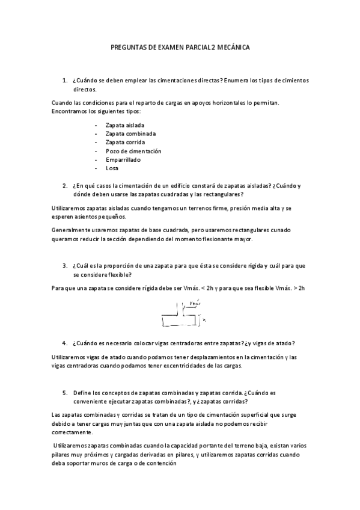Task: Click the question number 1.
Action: point(64,81)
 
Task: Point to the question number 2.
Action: point(64,186)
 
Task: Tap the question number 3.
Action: point(64,265)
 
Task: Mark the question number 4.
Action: point(64,343)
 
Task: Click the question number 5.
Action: point(64,392)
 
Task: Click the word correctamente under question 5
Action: point(73,432)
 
